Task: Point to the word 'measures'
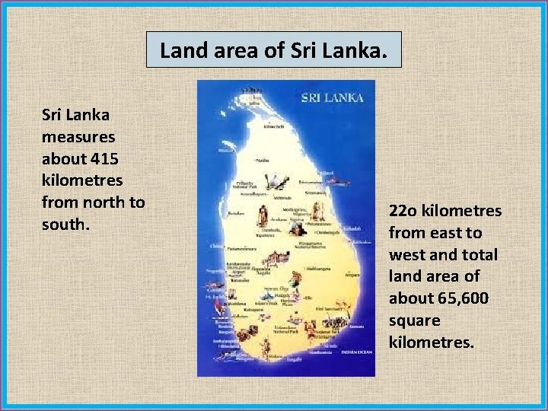point(78,138)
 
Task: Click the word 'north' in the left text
point(104,202)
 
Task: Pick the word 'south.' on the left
point(66,225)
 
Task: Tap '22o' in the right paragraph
point(404,210)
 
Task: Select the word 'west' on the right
point(406,254)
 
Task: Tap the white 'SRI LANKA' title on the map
point(333,97)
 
